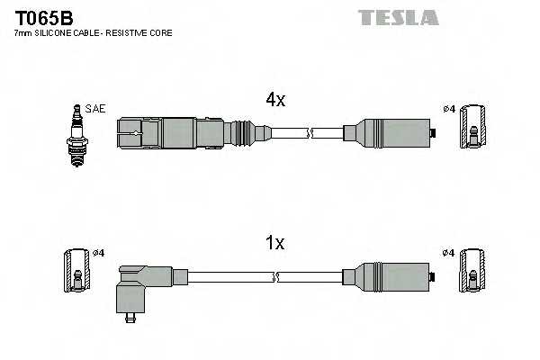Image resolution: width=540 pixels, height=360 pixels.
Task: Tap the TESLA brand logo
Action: (x=397, y=17)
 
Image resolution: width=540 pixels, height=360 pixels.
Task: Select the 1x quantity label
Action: (x=274, y=243)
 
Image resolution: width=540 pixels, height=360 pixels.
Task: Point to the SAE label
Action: (x=97, y=109)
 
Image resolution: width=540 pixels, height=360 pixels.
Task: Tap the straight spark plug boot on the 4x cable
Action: (x=171, y=132)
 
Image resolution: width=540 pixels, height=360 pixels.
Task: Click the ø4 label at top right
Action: (x=448, y=110)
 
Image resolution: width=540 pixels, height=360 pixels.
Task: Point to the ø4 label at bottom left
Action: (x=99, y=253)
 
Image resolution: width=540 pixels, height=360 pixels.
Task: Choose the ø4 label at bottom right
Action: (x=448, y=253)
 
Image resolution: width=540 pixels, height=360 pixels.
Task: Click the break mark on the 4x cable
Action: (x=309, y=132)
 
